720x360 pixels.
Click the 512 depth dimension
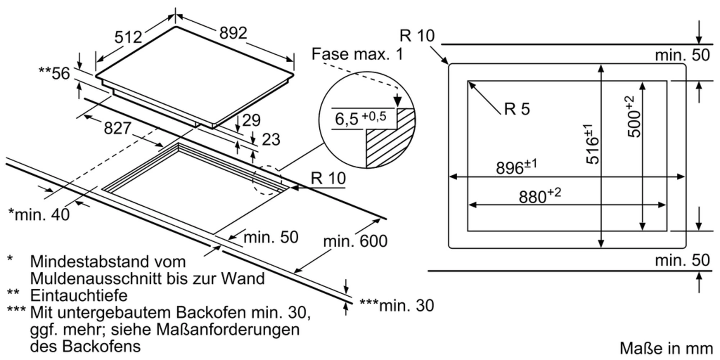pos(128,37)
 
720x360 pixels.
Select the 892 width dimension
pos(233,33)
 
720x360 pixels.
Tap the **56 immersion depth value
pos(55,73)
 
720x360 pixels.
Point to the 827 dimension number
pos(117,128)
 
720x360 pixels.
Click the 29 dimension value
pos(251,120)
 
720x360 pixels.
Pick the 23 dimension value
pos(271,140)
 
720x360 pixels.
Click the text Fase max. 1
pos(357,54)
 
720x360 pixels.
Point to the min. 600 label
pos(355,241)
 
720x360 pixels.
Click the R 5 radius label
pos(517,109)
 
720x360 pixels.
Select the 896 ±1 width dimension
pos(516,167)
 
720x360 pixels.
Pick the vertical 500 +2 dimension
pos(634,117)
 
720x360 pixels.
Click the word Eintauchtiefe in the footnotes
pos(78,296)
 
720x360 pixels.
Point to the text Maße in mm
pos(666,348)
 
